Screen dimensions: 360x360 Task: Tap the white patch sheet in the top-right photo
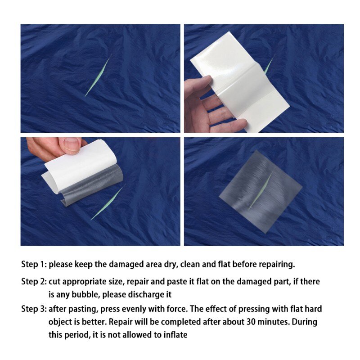(x=234, y=81)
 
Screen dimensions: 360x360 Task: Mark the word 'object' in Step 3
(x=60, y=322)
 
